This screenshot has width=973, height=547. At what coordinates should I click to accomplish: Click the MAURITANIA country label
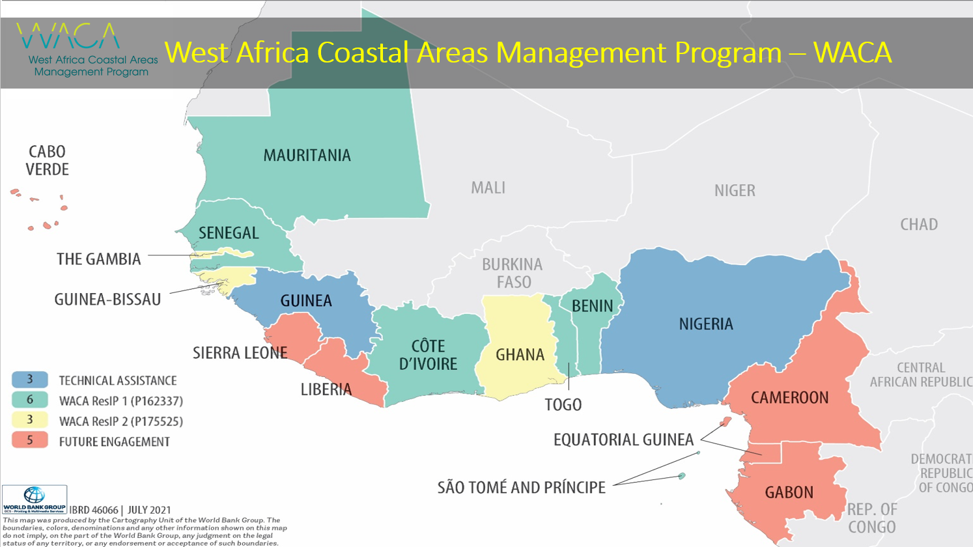coord(307,156)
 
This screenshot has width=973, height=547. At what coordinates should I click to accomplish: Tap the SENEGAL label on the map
coord(229,233)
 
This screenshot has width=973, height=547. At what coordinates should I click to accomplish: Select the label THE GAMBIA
coord(98,259)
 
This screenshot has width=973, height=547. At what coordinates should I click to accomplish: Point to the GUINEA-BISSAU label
coord(107,300)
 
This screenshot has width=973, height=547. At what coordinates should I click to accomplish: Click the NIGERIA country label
coord(706,324)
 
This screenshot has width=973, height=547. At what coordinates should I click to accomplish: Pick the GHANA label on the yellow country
coord(520,355)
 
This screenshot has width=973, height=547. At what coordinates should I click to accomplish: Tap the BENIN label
coord(592,306)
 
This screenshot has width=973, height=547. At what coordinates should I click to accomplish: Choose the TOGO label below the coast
coord(563,405)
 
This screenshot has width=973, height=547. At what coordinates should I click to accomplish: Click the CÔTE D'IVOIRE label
coord(428,355)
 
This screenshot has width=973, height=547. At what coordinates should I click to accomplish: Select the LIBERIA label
coord(326,389)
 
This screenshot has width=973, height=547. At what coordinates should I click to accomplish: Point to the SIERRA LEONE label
coord(240,353)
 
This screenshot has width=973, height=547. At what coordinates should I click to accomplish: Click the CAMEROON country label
coord(789,398)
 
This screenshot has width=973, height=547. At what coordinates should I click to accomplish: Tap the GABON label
coord(789,492)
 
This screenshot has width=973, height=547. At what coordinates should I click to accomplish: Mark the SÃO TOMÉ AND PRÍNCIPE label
coord(521,488)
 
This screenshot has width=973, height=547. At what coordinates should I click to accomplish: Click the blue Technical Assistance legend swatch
coord(30,380)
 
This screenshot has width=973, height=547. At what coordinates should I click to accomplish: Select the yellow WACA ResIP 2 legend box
coord(30,421)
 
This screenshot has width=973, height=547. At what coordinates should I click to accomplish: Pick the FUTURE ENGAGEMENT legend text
coord(114,442)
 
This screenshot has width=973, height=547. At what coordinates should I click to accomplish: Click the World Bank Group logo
coord(35,499)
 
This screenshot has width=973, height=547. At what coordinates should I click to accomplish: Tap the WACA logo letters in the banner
coord(68,36)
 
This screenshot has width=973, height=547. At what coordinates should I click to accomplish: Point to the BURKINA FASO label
coord(513,273)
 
